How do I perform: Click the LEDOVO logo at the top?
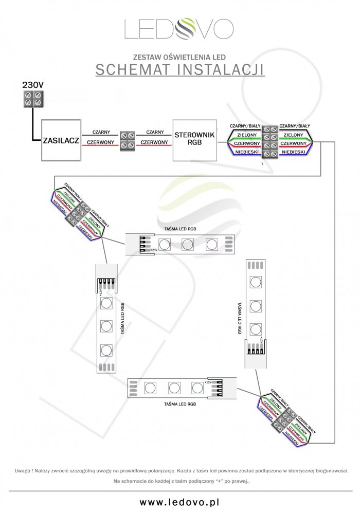(x=179, y=29)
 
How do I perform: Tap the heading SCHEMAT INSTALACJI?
(x=180, y=69)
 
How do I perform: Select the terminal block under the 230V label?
(x=32, y=99)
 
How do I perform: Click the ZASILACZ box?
(x=61, y=140)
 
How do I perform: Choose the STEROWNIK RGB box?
(x=195, y=139)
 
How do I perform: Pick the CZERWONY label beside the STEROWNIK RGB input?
(x=154, y=142)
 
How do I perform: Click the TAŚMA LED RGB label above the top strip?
(x=180, y=228)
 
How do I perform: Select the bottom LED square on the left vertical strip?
(x=106, y=351)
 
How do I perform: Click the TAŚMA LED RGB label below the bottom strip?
(x=180, y=405)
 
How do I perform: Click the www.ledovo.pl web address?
(x=180, y=502)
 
